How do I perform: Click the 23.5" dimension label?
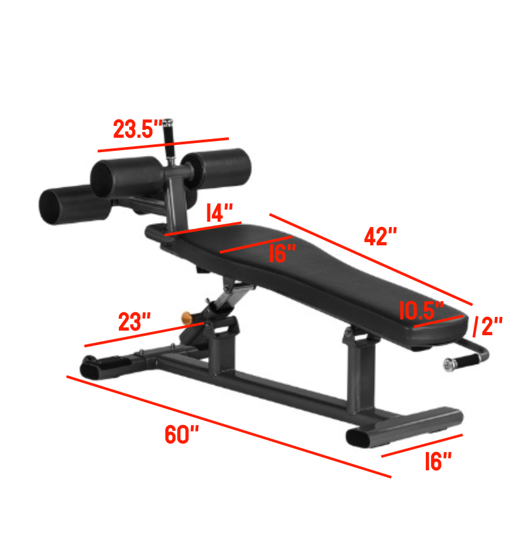[x=137, y=129]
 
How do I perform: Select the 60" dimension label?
[x=181, y=434]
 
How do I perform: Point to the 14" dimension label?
[x=220, y=213]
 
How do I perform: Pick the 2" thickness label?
[x=488, y=325]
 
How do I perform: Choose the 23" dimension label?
[x=135, y=322]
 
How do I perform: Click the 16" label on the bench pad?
[x=283, y=253]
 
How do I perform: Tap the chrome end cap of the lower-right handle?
[x=449, y=365]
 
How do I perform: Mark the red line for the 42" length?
[x=370, y=259]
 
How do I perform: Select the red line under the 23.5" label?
[x=163, y=145]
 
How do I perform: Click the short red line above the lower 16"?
[x=422, y=445]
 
